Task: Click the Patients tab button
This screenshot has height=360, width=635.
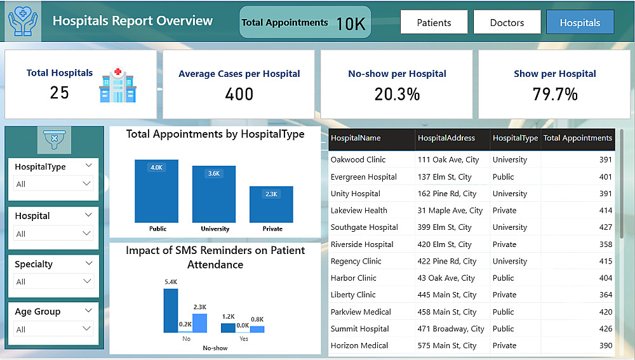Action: tap(434, 22)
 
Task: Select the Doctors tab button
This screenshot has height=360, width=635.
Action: tap(507, 22)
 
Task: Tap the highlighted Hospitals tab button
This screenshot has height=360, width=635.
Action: tap(580, 22)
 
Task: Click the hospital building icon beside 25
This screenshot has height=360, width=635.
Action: tap(118, 86)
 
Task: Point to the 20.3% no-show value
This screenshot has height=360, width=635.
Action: tap(397, 95)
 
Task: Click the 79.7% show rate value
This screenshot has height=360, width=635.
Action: tap(555, 95)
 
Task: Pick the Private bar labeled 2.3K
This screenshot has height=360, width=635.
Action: tap(271, 204)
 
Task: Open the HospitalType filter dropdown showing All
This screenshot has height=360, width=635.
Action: tap(53, 184)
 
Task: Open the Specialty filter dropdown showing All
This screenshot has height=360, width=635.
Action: tap(53, 281)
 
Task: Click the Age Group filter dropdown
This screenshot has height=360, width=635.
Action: tap(53, 329)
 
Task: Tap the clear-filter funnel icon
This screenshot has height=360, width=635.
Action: tap(54, 138)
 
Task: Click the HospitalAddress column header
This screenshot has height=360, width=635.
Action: tap(447, 138)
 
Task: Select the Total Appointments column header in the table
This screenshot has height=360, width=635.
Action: tap(578, 138)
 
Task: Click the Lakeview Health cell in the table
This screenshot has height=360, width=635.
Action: tap(359, 210)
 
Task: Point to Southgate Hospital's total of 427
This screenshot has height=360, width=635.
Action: tap(605, 227)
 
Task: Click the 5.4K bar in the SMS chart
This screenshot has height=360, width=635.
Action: tap(171, 310)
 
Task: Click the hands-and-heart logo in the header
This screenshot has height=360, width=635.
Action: tap(23, 21)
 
